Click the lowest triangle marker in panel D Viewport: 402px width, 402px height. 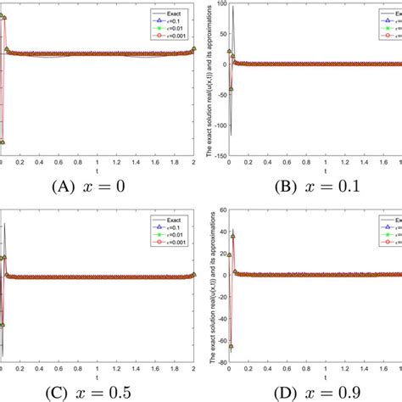232,347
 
